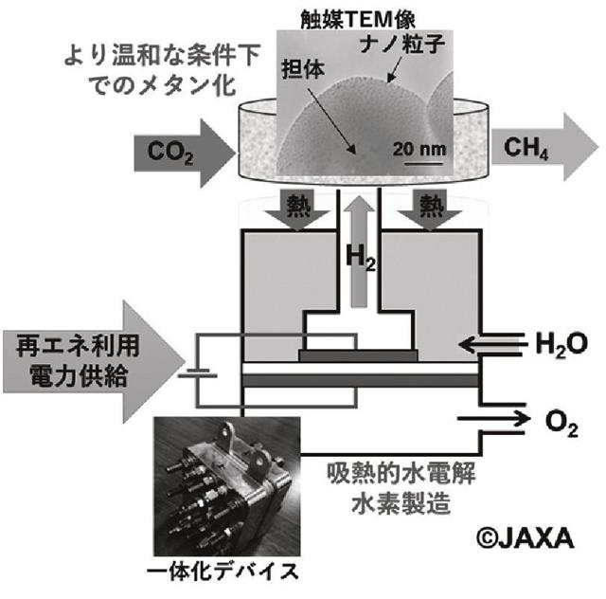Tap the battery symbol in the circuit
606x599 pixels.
coord(200,371)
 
